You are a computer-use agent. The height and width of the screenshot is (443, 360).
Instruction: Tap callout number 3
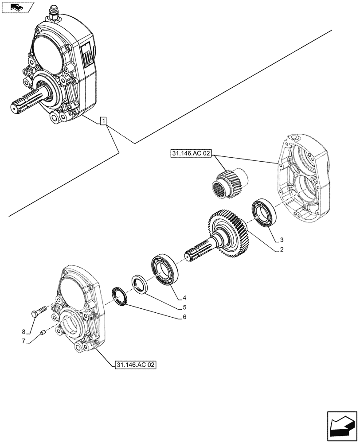pyautogui.click(x=281, y=240)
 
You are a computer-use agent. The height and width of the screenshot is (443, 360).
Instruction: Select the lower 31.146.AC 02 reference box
pyautogui.click(x=135, y=365)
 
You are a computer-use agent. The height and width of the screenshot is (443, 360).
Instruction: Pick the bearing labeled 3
pyautogui.click(x=265, y=214)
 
